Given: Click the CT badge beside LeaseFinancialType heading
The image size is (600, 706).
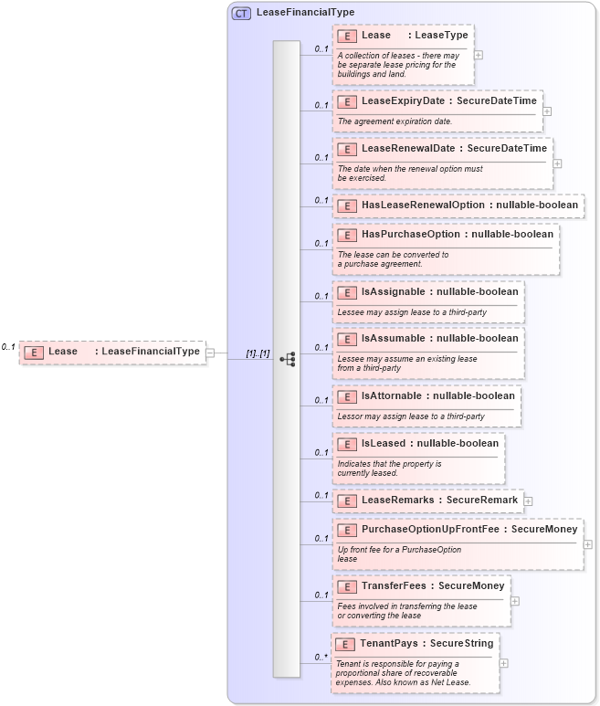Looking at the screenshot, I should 241,14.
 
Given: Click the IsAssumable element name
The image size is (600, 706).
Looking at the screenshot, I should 395,339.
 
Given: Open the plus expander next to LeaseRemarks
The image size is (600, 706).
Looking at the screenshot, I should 528,501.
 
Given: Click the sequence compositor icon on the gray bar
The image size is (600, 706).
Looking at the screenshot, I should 287,359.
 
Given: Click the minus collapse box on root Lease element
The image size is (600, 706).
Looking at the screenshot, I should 210,352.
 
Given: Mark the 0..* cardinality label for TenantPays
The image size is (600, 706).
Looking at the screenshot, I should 321,657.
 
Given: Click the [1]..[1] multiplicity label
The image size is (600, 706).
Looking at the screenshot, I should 258,353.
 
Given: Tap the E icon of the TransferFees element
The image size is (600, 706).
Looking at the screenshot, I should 346,586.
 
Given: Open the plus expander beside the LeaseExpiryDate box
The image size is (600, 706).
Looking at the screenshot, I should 547,111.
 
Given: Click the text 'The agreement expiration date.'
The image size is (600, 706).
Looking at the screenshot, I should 395,121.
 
